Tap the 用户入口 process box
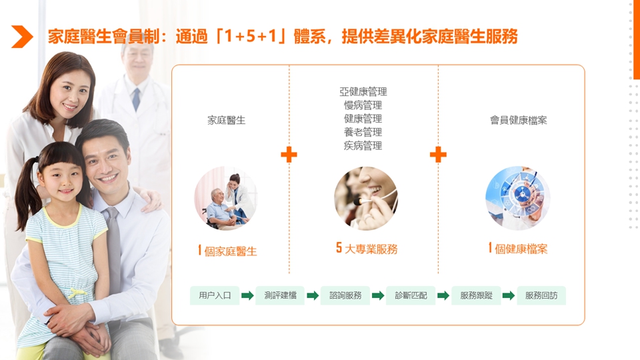pyautogui.click(x=215, y=295)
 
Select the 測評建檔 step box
pyautogui.click(x=280, y=295)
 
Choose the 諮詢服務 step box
pyautogui.click(x=345, y=295)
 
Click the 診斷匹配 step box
pyautogui.click(x=411, y=295)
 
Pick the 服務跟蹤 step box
pyautogui.click(x=476, y=295)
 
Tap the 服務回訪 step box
pyautogui.click(x=541, y=295)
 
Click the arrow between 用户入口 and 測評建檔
pyautogui.click(x=247, y=295)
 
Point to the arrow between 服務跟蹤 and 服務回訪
pyautogui.click(x=509, y=295)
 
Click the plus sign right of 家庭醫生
pyautogui.click(x=289, y=155)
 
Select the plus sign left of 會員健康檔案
pyautogui.click(x=438, y=155)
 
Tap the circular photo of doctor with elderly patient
pyautogui.click(x=226, y=199)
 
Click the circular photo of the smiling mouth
pyautogui.click(x=365, y=199)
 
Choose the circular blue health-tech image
pyautogui.click(x=517, y=199)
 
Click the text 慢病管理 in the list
pyautogui.click(x=363, y=105)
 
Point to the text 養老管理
pyautogui.click(x=363, y=132)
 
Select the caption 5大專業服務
pyautogui.click(x=366, y=249)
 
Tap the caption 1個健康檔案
pyautogui.click(x=517, y=249)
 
